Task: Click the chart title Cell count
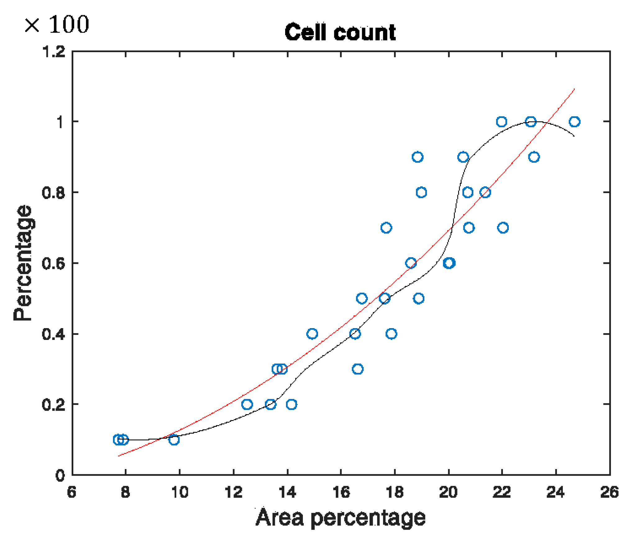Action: (x=340, y=32)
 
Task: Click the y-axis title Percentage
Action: (x=22, y=263)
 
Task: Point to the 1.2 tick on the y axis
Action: (x=53, y=52)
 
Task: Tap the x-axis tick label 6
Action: (x=71, y=492)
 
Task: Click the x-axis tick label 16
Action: (x=341, y=492)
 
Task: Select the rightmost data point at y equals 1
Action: (x=574, y=122)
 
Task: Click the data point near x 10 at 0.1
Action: (x=174, y=440)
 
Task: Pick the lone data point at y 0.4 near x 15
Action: (x=312, y=334)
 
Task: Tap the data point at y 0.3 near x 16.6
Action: (x=358, y=369)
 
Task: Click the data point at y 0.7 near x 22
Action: (x=503, y=228)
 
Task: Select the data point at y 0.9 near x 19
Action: (x=417, y=157)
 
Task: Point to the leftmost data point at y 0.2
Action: (x=247, y=405)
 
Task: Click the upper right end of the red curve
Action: (x=574, y=89)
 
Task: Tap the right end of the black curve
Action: (x=574, y=136)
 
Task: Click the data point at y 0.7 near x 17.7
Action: (x=386, y=228)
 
